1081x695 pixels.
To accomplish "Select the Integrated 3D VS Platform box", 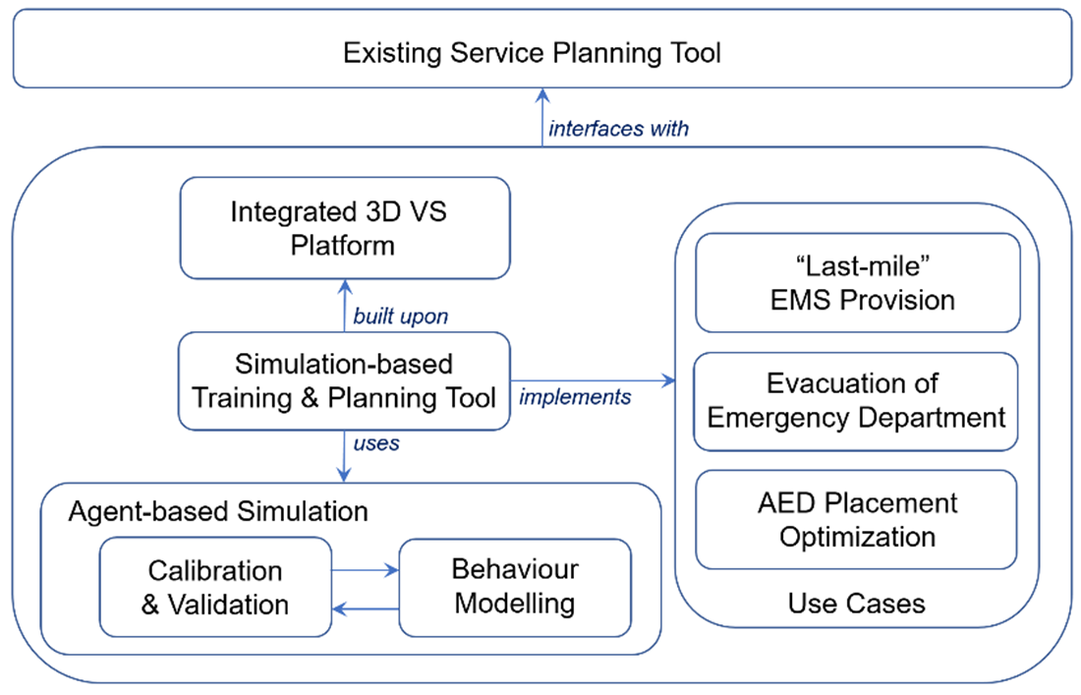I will (x=344, y=227).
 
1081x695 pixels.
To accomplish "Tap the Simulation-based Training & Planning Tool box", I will (x=344, y=380).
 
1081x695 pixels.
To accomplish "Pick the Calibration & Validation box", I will (x=215, y=587).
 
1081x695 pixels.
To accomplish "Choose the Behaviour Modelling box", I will (x=514, y=586).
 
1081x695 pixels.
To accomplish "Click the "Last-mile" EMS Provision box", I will (x=858, y=283).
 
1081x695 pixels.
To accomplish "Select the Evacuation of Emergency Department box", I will (x=856, y=401).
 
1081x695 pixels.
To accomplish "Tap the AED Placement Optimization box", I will (x=856, y=519).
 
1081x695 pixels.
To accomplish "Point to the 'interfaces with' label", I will (x=618, y=128).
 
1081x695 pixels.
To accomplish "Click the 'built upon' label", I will (x=400, y=317).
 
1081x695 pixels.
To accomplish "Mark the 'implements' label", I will (x=575, y=396).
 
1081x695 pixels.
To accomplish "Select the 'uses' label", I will (x=376, y=443).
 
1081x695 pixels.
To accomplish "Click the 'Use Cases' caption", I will (x=856, y=603).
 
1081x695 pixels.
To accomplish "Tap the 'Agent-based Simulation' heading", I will (x=218, y=511).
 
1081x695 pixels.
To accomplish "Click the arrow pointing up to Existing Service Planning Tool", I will (x=541, y=117).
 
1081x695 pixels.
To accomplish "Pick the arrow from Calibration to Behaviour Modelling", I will (x=365, y=569).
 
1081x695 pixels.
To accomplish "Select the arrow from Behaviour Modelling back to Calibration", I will (x=365, y=608).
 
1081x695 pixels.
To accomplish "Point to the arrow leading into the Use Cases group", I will (x=593, y=380).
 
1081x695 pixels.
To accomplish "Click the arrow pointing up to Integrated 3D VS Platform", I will (x=344, y=305).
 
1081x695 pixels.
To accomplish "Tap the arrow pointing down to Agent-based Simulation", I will (x=344, y=456).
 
